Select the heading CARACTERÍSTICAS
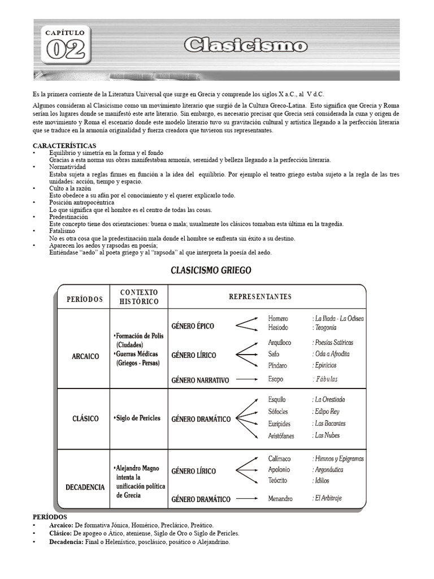coord(64,146)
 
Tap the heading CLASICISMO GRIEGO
coord(211,270)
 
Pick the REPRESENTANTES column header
coord(260,296)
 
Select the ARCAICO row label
coord(85,356)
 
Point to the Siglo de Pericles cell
coord(137,418)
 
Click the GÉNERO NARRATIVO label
coord(199,381)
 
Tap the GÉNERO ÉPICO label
coord(193,326)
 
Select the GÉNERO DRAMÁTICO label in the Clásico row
coord(201,419)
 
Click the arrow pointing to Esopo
coord(250,380)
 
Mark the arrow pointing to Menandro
coord(250,499)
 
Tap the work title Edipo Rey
coord(327,412)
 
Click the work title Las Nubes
coord(327,435)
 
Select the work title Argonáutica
coord(329,470)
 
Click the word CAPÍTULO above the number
coord(65,33)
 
